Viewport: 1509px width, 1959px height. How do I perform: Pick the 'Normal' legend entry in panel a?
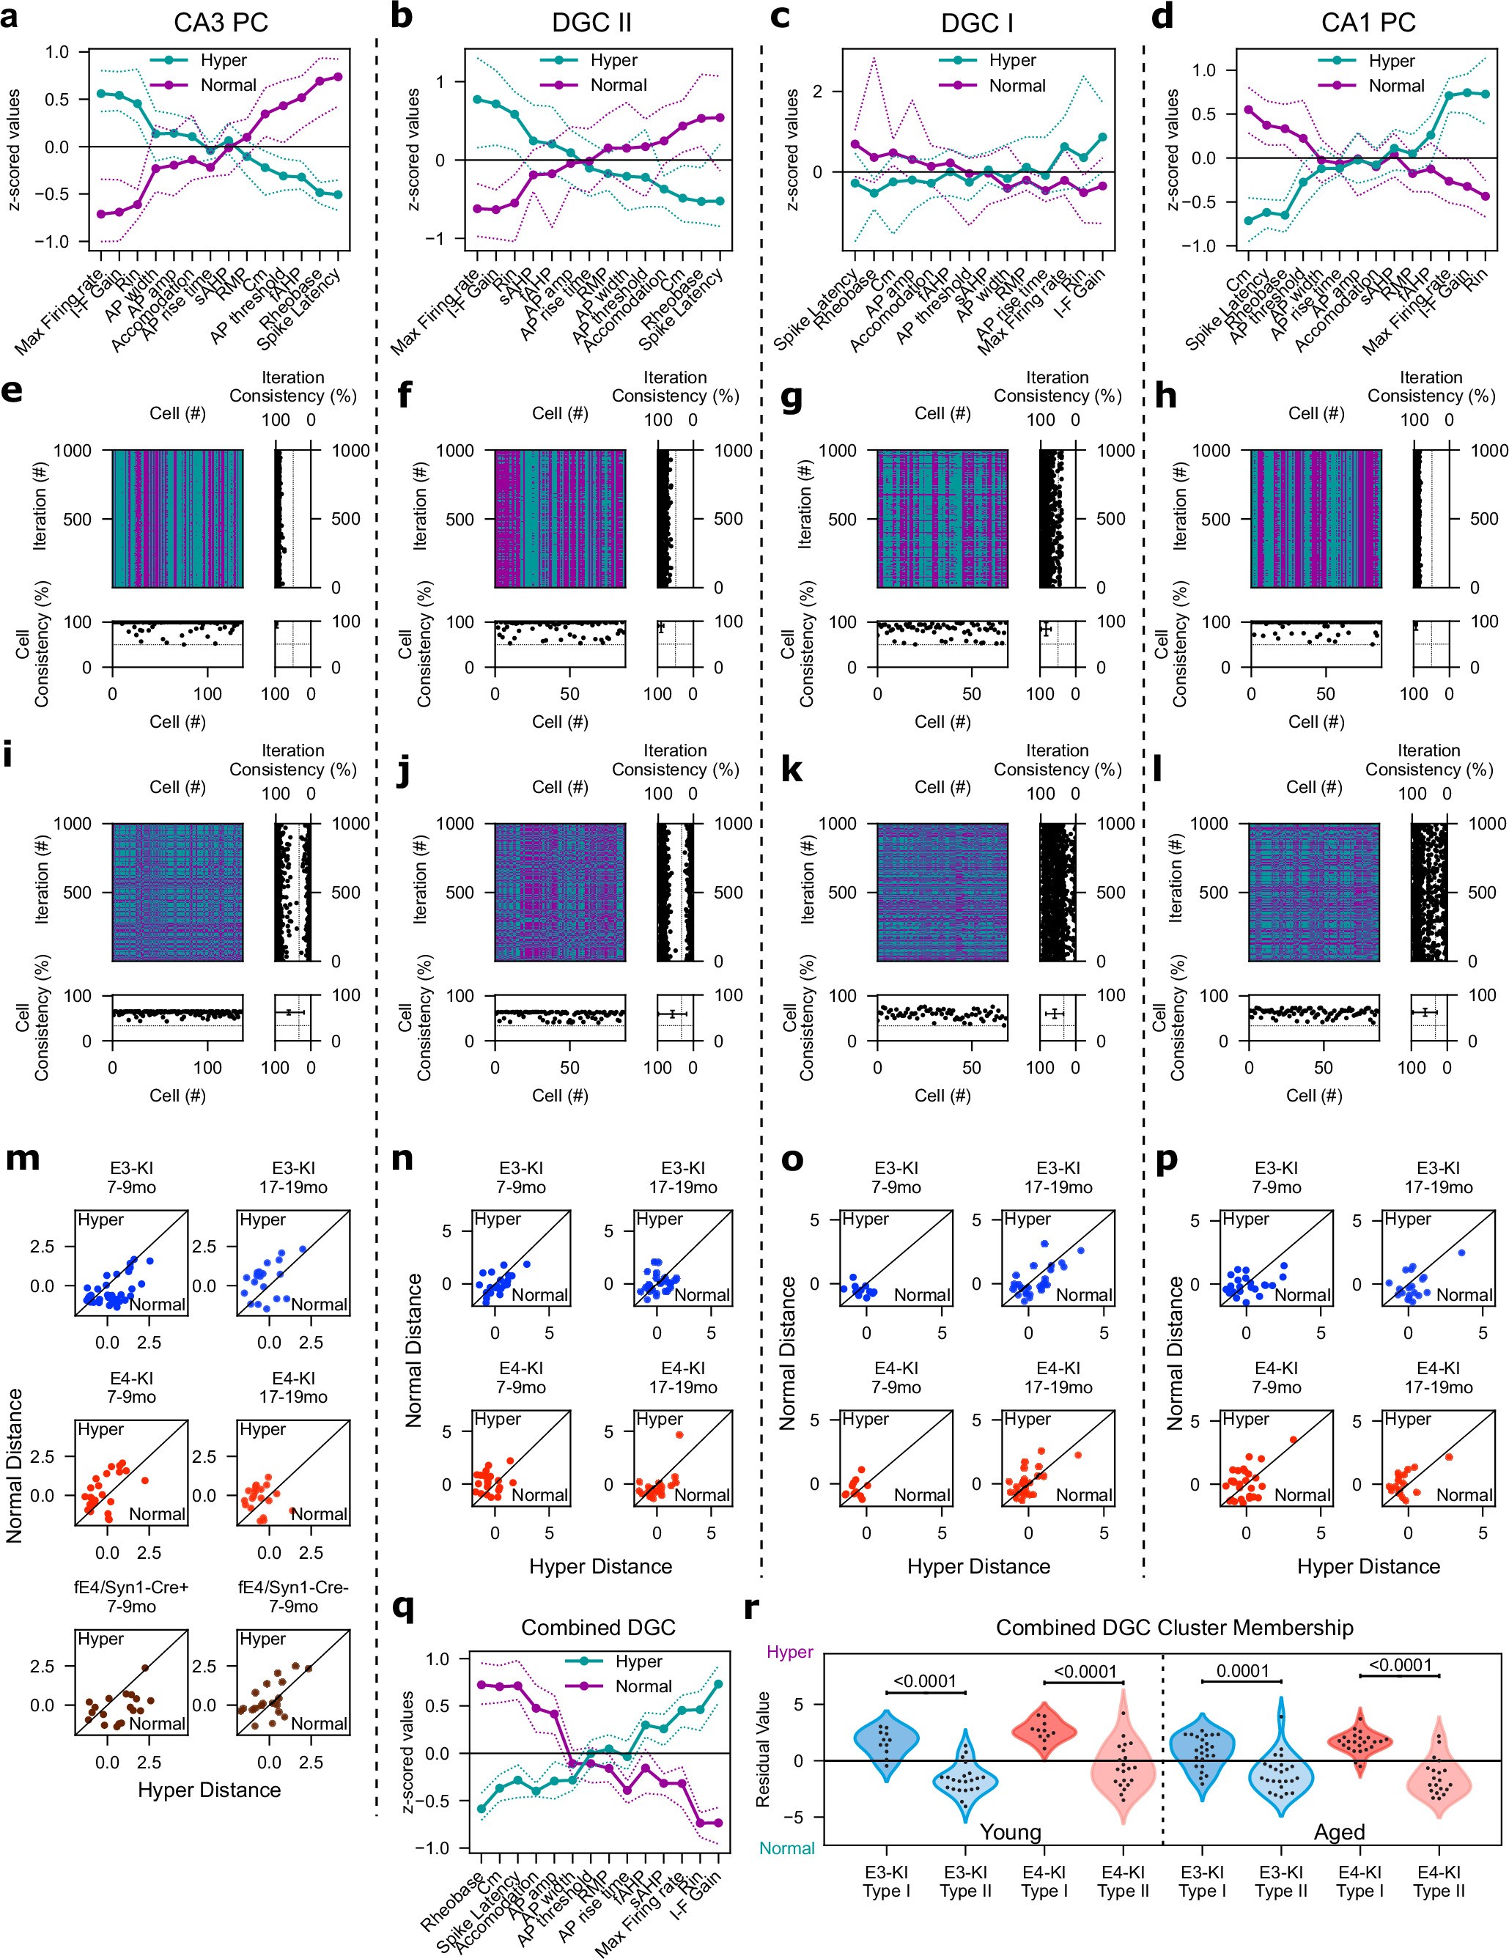[x=228, y=85]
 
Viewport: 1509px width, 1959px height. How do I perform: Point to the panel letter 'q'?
[x=404, y=1606]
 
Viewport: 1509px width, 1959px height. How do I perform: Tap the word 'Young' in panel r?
[x=1010, y=1831]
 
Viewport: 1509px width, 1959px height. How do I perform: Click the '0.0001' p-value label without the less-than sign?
[x=1241, y=1671]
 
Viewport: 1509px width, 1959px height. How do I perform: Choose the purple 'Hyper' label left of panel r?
[x=789, y=1651]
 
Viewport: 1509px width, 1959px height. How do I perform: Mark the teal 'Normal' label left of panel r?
[x=787, y=1848]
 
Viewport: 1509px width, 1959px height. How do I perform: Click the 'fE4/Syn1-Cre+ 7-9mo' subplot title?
[x=132, y=1597]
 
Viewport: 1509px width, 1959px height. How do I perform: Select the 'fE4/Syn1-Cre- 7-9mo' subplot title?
[x=293, y=1597]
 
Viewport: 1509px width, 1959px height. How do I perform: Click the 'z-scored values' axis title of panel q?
[x=408, y=1753]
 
